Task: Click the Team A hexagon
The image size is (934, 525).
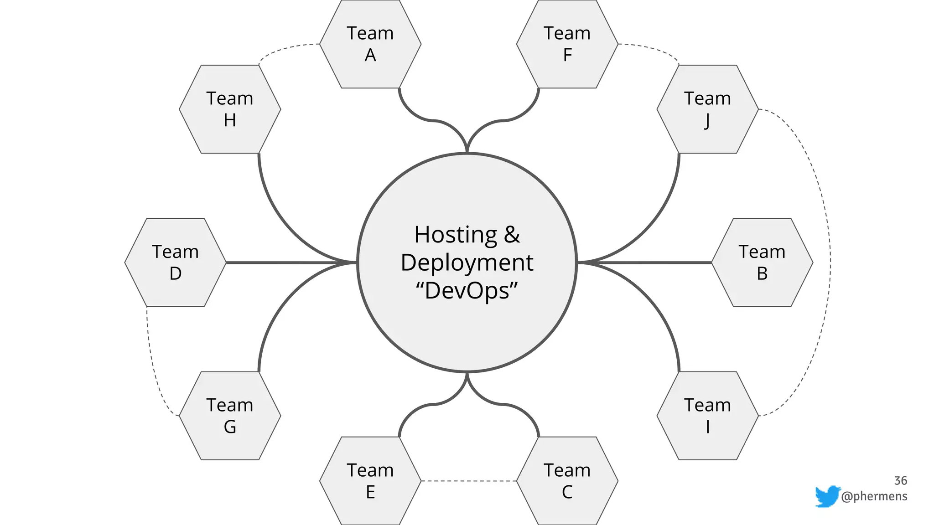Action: (370, 44)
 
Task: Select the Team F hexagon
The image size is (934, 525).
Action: (567, 44)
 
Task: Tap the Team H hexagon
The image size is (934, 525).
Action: (230, 109)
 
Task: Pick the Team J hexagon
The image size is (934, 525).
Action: (707, 109)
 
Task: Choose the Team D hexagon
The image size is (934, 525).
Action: (175, 262)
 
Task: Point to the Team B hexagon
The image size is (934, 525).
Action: (762, 262)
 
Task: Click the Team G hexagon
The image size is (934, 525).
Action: (230, 416)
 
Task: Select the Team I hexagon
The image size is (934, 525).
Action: (707, 416)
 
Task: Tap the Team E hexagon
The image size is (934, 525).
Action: (370, 481)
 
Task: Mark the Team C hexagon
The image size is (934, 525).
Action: (567, 481)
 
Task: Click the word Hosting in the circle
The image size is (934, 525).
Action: (455, 235)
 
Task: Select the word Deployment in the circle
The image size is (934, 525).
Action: (467, 263)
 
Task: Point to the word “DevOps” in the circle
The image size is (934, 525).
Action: (467, 291)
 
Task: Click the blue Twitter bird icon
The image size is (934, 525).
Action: (827, 496)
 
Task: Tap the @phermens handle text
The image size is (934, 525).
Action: (874, 496)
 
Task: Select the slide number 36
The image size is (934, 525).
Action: (900, 481)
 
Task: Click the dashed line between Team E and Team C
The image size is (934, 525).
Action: (468, 481)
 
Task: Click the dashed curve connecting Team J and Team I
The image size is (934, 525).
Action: (830, 262)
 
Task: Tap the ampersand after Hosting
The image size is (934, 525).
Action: (512, 235)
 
